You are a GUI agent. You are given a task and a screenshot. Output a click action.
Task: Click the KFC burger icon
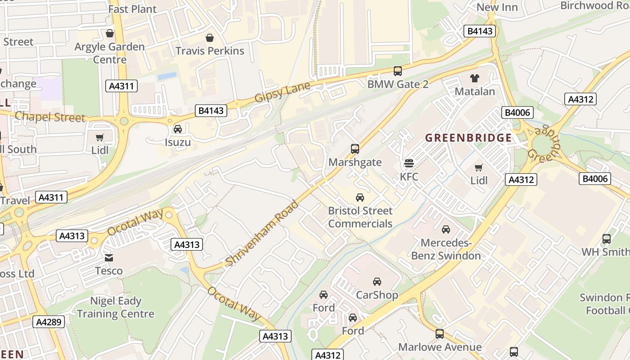[x=409, y=162]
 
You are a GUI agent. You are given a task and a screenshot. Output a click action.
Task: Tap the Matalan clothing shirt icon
[x=474, y=78]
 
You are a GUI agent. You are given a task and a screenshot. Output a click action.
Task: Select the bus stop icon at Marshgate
[x=355, y=148]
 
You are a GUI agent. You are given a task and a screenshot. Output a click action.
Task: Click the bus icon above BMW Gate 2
[x=397, y=71]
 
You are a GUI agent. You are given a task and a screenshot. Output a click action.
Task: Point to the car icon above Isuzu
[x=178, y=129]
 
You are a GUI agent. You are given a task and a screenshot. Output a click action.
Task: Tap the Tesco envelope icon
[x=109, y=257]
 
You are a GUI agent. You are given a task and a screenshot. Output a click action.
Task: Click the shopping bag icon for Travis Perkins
[x=209, y=37]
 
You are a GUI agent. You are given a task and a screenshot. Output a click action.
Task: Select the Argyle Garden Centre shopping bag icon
[x=110, y=33]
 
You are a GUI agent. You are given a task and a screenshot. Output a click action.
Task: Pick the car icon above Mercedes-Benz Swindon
[x=445, y=229]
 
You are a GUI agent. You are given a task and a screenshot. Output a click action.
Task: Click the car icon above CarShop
[x=377, y=282]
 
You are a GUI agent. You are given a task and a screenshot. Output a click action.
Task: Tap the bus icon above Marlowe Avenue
[x=440, y=334]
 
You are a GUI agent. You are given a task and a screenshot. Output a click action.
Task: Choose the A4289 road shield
[x=49, y=321]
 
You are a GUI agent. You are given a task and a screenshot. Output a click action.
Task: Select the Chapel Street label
[x=49, y=117]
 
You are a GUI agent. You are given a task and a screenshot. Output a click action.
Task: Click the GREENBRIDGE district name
[x=468, y=138]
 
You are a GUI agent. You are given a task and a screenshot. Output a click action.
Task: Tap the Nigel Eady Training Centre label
[x=116, y=307]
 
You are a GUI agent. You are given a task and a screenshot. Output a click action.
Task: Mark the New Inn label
[x=497, y=7]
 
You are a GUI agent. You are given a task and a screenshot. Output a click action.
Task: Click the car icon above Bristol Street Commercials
[x=360, y=197]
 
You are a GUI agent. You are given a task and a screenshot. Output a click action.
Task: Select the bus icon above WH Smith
[x=606, y=238]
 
